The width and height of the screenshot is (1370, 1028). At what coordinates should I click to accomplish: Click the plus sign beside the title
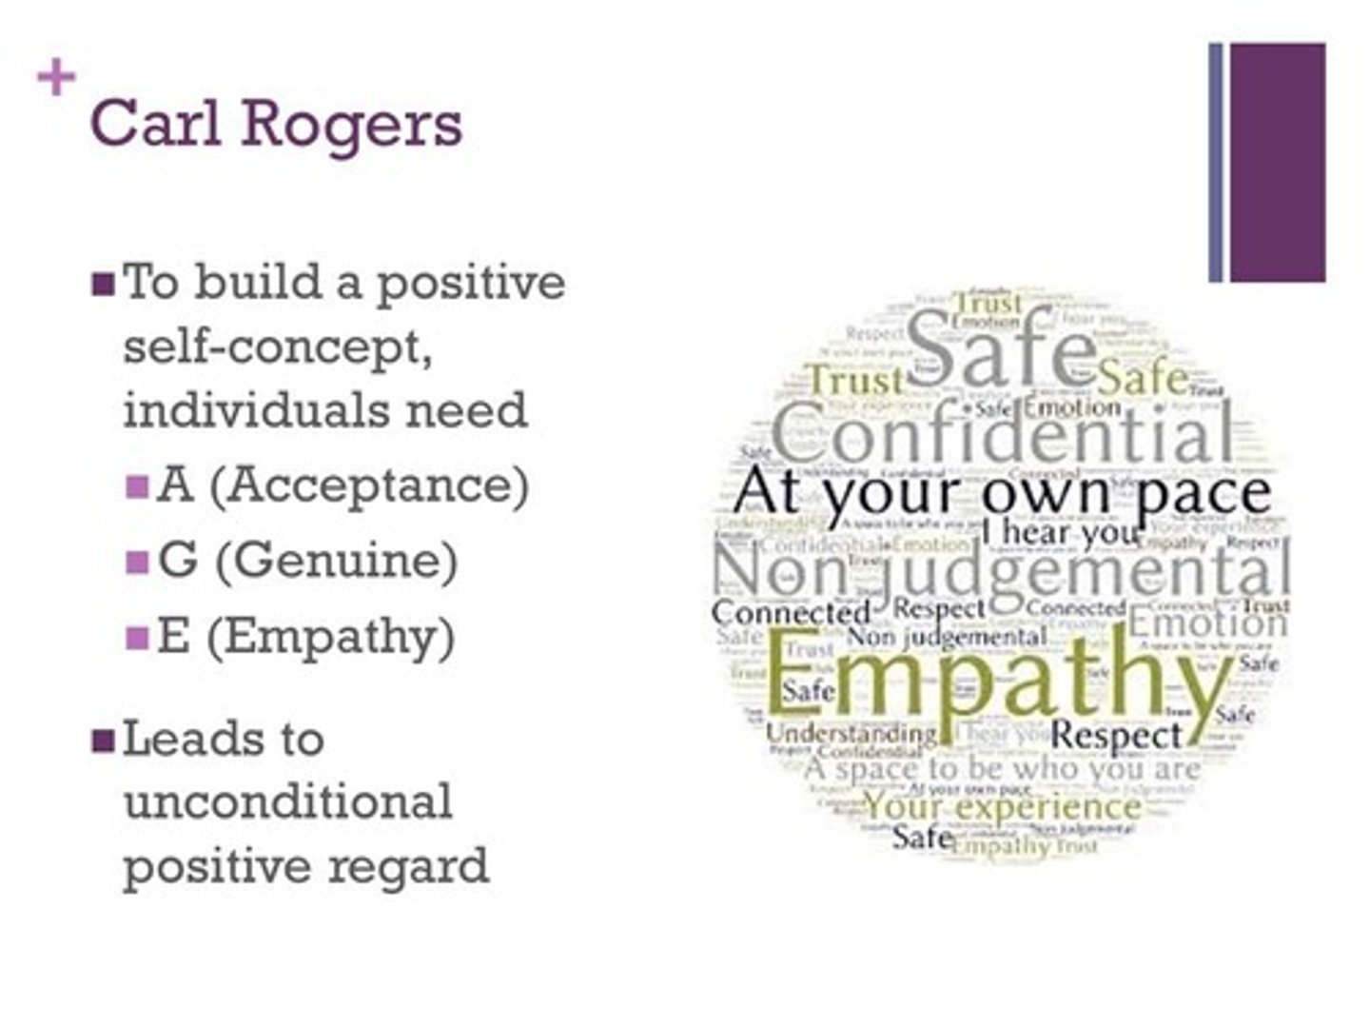pos(56,78)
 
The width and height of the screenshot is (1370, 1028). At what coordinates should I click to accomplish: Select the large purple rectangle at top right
pos(1277,162)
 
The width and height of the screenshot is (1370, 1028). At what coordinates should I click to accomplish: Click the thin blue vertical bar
pos(1215,162)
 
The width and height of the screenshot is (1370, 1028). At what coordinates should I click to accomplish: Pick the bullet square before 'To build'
pos(103,285)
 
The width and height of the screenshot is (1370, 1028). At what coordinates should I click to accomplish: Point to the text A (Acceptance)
pos(342,485)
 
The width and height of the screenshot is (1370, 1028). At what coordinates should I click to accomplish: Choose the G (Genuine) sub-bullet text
pos(307,561)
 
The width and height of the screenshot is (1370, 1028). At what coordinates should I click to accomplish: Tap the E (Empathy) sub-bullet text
pos(305,637)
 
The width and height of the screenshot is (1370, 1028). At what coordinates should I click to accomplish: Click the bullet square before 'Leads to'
pos(103,741)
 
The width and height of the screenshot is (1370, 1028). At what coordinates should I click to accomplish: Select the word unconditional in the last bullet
pos(287,802)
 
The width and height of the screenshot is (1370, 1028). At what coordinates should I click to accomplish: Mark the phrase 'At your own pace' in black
pos(1002,493)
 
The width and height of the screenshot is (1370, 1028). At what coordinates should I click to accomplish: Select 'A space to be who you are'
pos(1002,768)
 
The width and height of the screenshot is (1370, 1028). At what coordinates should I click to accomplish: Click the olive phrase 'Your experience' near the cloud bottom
pos(1001,807)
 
